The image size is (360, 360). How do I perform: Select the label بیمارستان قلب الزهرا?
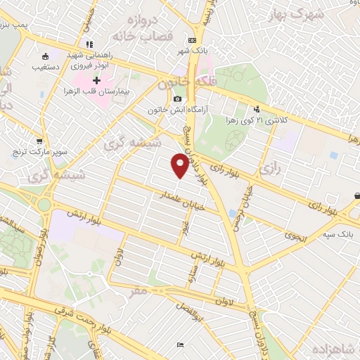pos(96,93)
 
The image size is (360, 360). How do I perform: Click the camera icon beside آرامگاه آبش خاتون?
pos(178,99)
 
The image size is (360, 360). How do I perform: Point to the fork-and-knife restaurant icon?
pos(89,45)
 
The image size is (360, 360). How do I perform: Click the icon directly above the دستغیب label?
pos(46,56)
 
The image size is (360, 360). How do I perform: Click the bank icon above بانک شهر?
pos(193,40)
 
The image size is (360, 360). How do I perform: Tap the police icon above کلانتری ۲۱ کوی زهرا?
pos(257,109)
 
